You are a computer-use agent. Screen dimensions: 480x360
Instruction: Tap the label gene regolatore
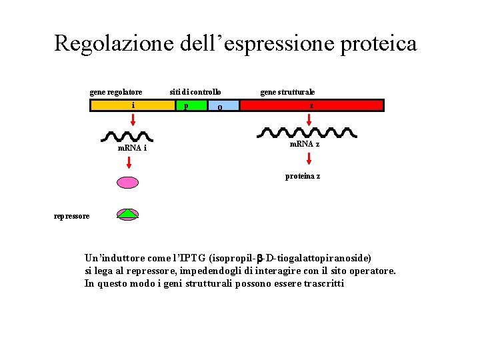116,91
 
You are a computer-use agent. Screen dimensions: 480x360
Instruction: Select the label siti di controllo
195,91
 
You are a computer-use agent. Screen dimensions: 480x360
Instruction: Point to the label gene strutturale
287,91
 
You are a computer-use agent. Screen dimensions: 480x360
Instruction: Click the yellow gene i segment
133,105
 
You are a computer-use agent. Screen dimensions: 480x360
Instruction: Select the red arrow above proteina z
309,159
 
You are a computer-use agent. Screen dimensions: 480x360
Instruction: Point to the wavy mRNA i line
133,137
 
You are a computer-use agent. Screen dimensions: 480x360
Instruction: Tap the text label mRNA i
132,147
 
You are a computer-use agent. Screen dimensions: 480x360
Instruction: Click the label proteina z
303,176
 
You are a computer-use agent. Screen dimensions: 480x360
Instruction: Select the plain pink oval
128,182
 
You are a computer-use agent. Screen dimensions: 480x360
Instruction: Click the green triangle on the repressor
128,213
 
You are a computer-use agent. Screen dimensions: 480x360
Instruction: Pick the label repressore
71,215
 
